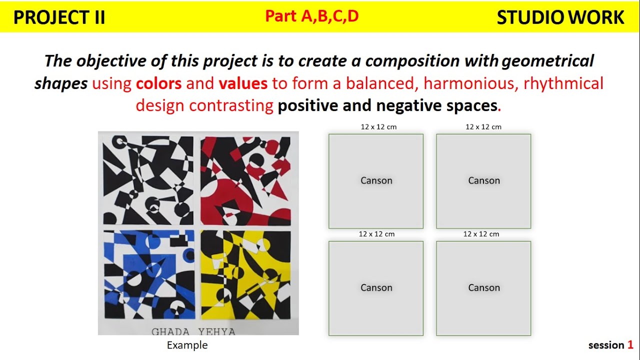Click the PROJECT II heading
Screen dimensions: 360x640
click(59, 17)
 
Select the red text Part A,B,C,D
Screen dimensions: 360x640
click(311, 16)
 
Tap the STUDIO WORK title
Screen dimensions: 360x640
click(560, 17)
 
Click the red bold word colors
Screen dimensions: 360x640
click(158, 83)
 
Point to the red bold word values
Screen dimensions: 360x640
click(243, 83)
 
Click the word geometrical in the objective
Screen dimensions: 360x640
click(547, 61)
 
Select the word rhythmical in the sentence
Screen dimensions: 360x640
click(563, 83)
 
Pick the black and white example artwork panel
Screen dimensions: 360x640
click(148, 180)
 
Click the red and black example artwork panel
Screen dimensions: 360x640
click(245, 180)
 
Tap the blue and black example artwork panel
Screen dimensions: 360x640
click(148, 274)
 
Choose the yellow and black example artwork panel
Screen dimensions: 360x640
click(245, 274)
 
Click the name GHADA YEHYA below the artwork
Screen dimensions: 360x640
click(193, 331)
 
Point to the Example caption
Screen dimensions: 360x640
click(187, 345)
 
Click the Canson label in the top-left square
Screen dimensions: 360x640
click(376, 180)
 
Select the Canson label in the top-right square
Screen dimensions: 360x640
click(483, 180)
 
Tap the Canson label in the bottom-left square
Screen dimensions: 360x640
click(376, 287)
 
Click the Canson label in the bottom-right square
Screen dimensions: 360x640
click(483, 287)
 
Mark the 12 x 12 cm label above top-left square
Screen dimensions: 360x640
click(378, 127)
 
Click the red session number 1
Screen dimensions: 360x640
click(630, 345)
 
